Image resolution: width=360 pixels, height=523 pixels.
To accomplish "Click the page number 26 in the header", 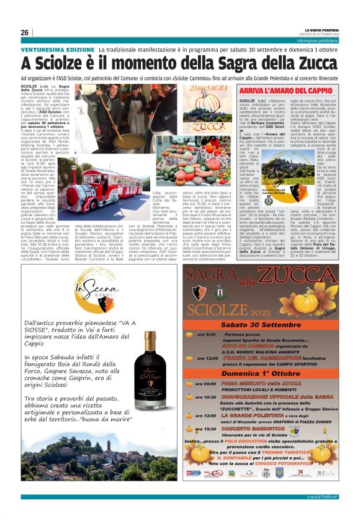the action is click(25, 32).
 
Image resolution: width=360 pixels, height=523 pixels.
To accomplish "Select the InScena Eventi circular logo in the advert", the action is click(99, 290).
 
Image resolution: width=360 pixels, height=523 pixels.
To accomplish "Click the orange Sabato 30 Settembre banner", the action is click(268, 324).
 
